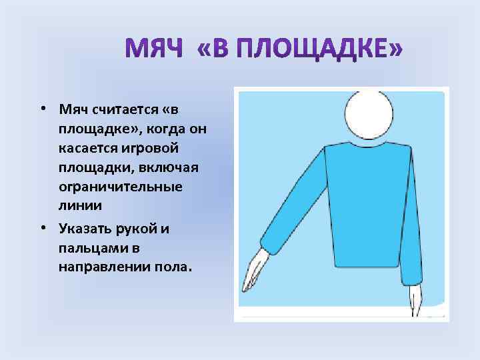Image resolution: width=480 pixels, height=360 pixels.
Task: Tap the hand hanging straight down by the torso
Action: (x=416, y=300)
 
